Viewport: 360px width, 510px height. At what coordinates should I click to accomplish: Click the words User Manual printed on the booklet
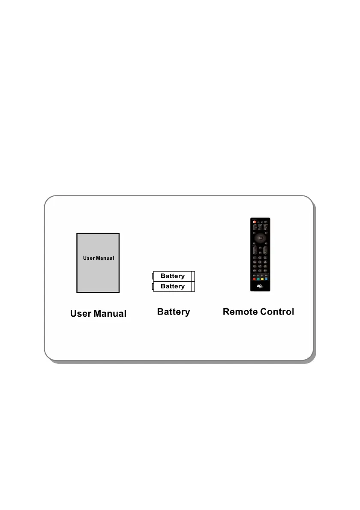coord(99,258)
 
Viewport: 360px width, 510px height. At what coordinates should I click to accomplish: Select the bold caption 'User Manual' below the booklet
coord(98,314)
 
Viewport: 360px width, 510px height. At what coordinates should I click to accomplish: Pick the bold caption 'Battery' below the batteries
coord(174,312)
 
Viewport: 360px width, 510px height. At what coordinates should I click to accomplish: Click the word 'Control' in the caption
coord(276,312)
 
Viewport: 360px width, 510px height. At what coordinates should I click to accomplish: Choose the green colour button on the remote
coord(258,279)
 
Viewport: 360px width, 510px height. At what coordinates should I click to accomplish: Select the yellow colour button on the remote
coord(263,279)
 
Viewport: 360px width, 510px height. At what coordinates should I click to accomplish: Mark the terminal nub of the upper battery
coord(153,276)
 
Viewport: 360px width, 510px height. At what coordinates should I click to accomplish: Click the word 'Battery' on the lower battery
coord(173,286)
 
